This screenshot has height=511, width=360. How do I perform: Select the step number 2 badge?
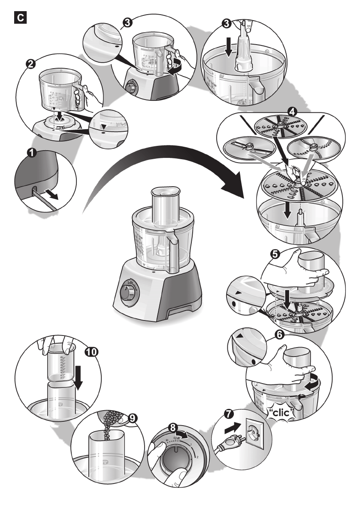click(x=30, y=64)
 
